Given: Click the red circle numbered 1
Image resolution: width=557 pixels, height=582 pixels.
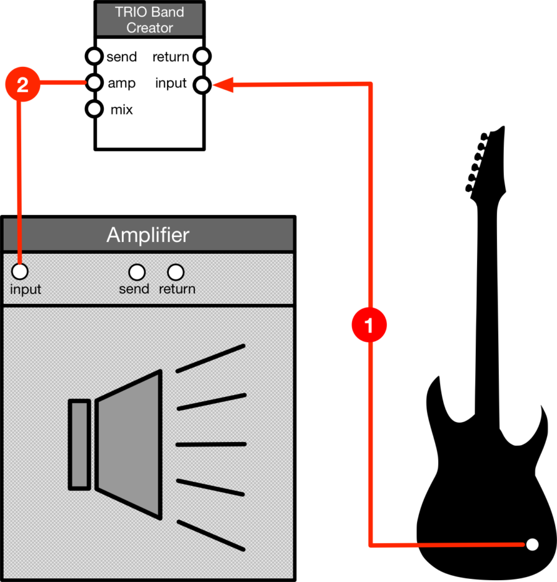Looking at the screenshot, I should (x=369, y=324).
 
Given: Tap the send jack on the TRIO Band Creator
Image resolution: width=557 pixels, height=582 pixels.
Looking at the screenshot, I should (x=94, y=56).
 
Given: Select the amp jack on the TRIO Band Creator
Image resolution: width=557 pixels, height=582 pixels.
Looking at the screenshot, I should (x=94, y=83).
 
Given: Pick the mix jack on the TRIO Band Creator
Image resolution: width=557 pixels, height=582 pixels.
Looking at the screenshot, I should (x=94, y=110).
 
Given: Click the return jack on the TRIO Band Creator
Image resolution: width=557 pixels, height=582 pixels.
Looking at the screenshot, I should (x=202, y=56).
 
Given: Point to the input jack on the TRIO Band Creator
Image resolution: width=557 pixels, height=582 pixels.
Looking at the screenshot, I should (x=202, y=84).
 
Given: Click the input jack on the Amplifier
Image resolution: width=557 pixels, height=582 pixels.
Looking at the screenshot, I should (x=20, y=272).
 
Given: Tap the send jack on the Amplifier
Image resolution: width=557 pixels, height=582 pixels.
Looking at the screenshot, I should (x=136, y=272).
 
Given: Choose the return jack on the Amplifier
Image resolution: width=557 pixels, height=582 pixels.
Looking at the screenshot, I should (x=176, y=272).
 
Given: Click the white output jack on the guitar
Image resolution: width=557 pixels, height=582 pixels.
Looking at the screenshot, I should (x=532, y=545).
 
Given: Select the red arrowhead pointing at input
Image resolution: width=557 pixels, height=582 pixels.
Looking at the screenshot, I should (x=223, y=85).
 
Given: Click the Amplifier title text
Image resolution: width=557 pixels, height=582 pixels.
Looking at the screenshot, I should (x=148, y=235).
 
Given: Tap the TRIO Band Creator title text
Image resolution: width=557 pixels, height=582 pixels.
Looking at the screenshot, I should (x=150, y=20).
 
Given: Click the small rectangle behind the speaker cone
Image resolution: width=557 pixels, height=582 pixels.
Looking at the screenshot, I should (x=79, y=445).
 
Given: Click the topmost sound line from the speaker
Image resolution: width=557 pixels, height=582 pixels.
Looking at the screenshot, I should (x=210, y=359).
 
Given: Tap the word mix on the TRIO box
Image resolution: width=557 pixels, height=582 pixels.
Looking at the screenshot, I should (x=121, y=110).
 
